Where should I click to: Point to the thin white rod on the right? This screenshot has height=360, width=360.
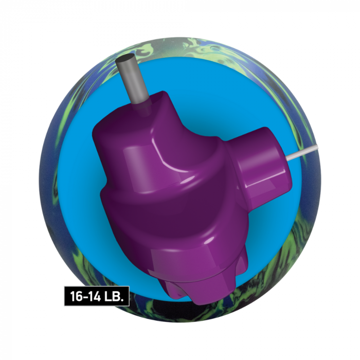click(302, 152)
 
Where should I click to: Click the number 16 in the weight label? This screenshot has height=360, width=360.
click(76, 296)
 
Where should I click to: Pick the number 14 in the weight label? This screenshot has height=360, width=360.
click(94, 296)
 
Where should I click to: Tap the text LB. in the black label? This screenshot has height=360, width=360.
click(114, 296)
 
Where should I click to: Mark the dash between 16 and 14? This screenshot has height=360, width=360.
click(84, 296)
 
